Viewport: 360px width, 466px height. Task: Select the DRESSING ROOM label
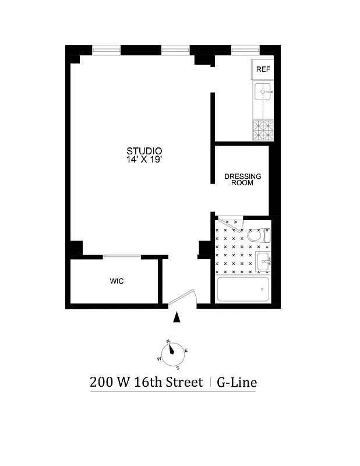243,179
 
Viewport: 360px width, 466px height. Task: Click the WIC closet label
117,281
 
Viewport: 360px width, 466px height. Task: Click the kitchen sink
263,91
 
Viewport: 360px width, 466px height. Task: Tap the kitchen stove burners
263,130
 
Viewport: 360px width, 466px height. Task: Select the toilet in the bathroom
258,235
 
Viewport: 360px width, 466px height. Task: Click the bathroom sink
263,260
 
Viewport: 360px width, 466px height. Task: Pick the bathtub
242,289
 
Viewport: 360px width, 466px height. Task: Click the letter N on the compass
168,341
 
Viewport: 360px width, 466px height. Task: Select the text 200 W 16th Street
146,383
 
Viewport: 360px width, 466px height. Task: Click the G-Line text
237,383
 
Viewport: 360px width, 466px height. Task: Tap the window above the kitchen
245,51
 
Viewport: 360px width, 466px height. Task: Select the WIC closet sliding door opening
122,256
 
